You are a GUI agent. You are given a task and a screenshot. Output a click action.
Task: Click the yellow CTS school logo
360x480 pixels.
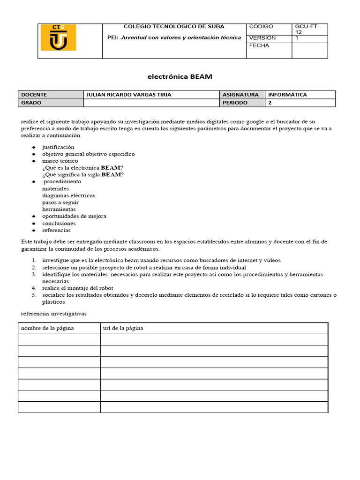(x=58, y=37)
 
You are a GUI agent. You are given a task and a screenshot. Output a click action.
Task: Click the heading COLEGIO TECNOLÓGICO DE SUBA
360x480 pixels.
(x=173, y=27)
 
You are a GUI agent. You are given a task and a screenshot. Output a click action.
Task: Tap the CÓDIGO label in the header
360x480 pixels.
(x=261, y=27)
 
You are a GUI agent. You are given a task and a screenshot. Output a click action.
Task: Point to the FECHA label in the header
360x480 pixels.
(x=259, y=46)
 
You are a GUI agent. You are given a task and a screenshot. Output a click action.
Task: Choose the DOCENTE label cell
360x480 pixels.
(x=34, y=95)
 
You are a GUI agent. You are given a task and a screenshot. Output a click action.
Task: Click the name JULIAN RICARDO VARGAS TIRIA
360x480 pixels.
(x=129, y=95)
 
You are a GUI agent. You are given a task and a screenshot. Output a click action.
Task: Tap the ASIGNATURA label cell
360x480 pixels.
(x=240, y=95)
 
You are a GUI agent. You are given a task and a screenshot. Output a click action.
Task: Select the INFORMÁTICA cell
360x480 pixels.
(x=287, y=95)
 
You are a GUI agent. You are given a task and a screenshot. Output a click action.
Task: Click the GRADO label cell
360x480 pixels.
(x=31, y=103)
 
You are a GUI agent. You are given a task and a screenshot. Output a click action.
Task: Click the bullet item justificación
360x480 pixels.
(x=58, y=147)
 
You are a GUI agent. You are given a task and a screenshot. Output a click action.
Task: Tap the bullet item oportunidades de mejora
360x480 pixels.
(x=74, y=216)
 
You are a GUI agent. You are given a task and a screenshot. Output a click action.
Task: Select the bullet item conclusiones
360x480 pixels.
(x=59, y=224)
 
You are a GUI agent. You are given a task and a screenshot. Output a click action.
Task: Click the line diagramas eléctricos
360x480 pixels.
(x=68, y=195)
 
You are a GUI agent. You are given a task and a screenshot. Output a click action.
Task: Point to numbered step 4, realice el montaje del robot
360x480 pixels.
(x=77, y=288)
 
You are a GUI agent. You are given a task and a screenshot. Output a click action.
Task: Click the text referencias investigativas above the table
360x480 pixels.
(x=54, y=313)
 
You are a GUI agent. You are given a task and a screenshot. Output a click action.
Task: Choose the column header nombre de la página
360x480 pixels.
(x=47, y=328)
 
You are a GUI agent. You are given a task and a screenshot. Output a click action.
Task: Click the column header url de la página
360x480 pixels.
(x=123, y=328)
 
